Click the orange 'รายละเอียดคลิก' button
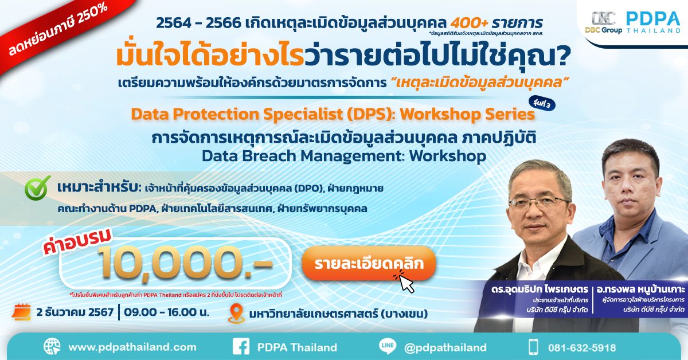[369, 264]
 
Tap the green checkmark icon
[38, 189]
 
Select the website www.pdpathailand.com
[132, 347]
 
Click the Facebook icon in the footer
[241, 347]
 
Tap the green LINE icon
[388, 347]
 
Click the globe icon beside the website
[52, 347]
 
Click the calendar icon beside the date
[22, 313]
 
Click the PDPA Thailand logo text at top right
[652, 22]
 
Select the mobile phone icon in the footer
[533, 347]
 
